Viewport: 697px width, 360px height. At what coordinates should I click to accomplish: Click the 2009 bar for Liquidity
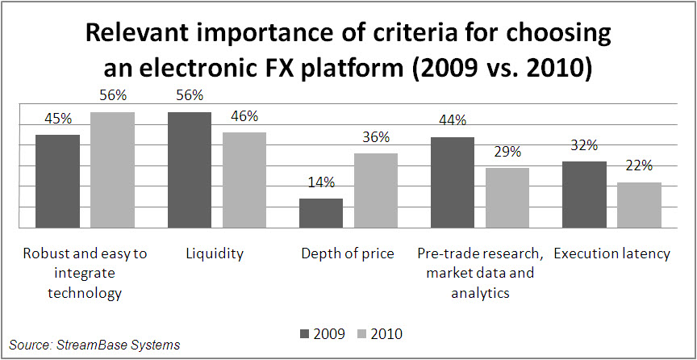click(x=190, y=170)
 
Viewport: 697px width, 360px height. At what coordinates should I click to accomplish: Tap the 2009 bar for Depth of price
click(x=321, y=213)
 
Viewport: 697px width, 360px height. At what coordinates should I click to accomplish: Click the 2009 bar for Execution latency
click(x=584, y=195)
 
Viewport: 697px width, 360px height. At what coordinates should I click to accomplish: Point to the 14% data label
click(x=321, y=183)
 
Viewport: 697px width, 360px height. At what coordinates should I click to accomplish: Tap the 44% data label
click(x=453, y=121)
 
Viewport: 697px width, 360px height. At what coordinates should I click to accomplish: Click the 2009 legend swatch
click(x=305, y=333)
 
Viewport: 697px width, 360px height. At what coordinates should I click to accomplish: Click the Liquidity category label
click(x=214, y=253)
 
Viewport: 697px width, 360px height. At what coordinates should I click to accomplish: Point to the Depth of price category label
click(x=348, y=253)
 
